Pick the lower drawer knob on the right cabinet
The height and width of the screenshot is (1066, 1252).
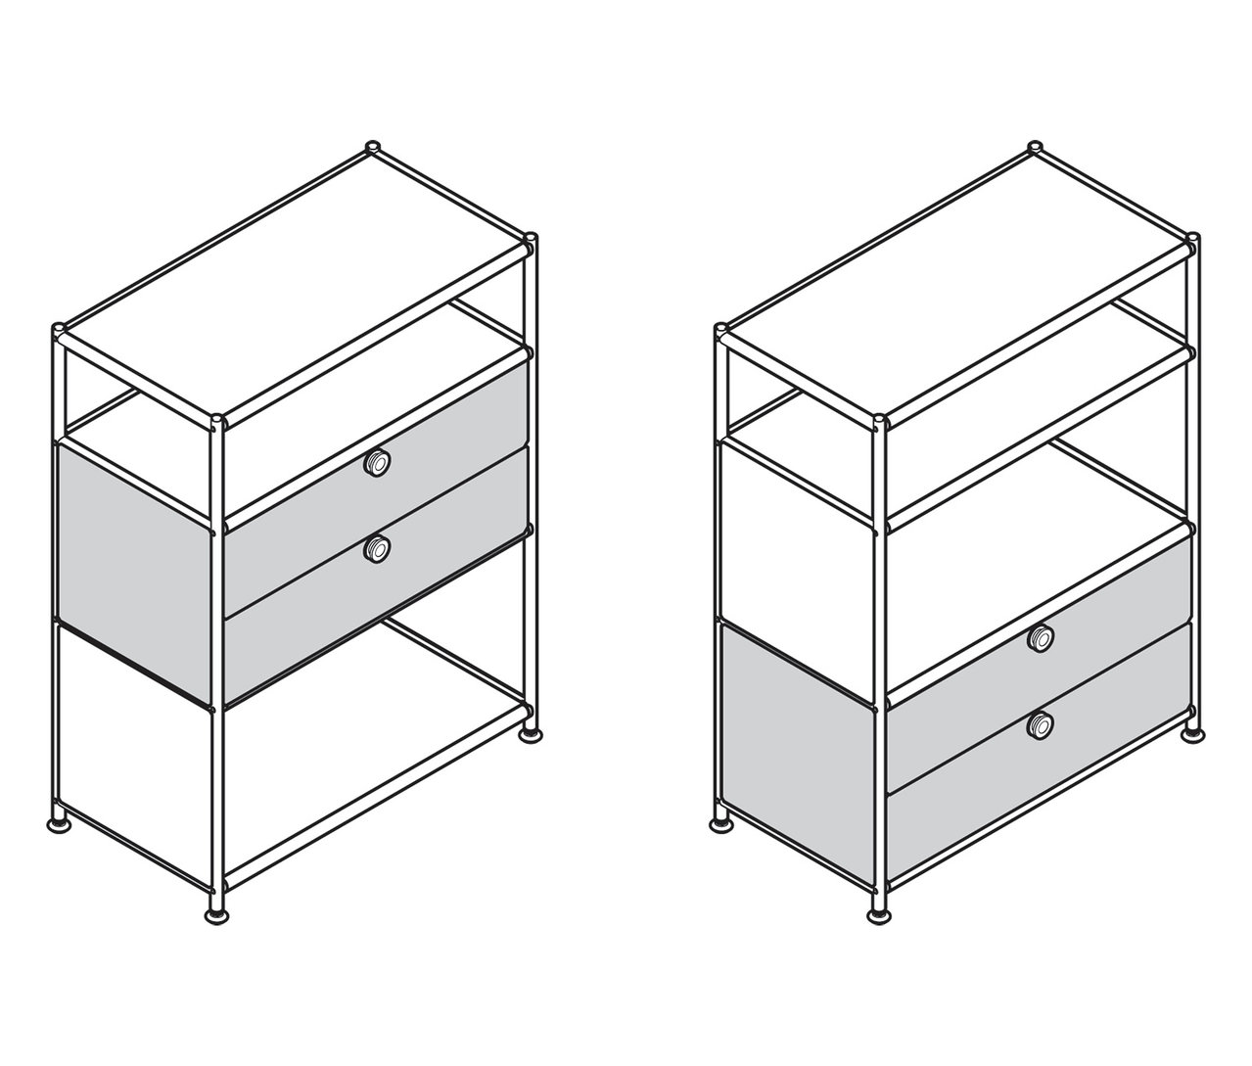(1040, 725)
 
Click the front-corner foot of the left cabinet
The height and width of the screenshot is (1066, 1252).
(215, 915)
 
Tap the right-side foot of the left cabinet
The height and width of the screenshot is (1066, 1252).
(531, 732)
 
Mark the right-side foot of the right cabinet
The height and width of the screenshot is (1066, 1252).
(1192, 732)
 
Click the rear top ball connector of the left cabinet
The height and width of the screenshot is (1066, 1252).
(372, 148)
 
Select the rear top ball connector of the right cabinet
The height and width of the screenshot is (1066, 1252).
(1034, 148)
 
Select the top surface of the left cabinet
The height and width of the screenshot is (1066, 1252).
(294, 284)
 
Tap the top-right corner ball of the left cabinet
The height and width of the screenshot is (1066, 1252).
(530, 239)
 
